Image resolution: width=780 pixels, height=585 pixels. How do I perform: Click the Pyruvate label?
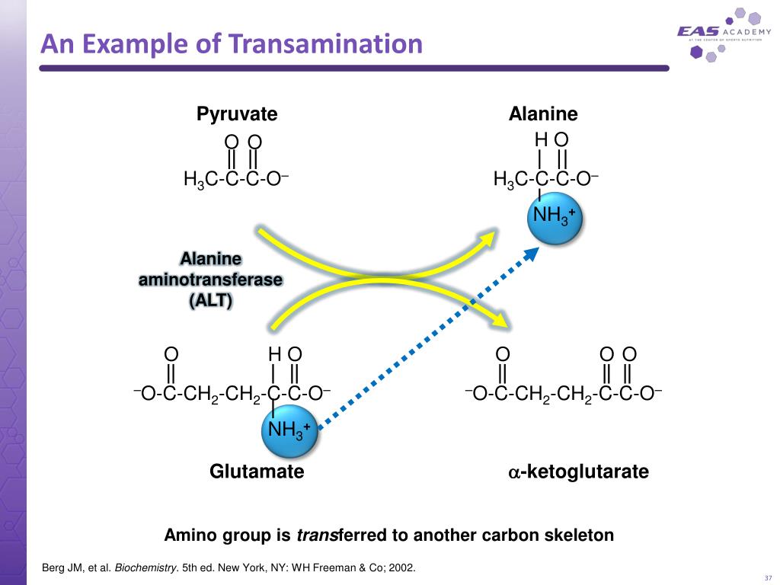pos(237,114)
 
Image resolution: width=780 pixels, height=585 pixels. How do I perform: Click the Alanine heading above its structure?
pos(543,114)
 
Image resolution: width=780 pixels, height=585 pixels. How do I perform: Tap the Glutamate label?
pos(257,472)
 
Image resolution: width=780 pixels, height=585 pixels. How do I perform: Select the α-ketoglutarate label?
pos(578,472)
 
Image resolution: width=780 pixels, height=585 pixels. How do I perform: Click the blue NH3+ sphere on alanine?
pos(554,216)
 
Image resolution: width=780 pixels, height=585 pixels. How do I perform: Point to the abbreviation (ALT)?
pos(211,300)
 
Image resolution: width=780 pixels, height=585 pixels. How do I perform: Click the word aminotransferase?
pos(210,280)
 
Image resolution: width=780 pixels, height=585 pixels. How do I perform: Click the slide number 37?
pos(766,576)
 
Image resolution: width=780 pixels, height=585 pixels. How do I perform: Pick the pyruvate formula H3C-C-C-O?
pos(235,180)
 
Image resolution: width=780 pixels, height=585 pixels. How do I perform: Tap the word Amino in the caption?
pos(190,535)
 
